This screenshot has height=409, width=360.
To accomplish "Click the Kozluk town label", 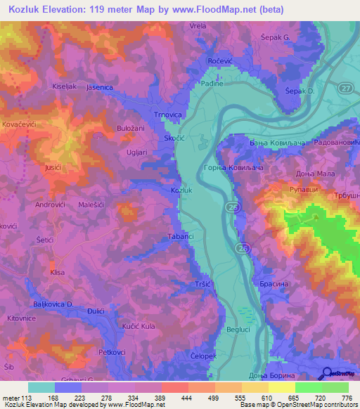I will [x=182, y=190].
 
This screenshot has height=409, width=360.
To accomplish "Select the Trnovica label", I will [x=168, y=115].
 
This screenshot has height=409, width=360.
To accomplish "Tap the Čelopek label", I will [x=203, y=357].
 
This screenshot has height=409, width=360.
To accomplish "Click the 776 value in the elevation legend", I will [x=345, y=398].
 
